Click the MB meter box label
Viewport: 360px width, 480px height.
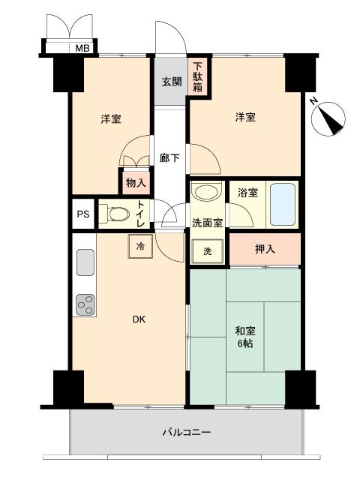tap(82, 48)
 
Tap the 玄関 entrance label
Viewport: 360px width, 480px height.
tap(172, 82)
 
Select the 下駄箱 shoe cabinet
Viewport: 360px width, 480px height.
tap(197, 76)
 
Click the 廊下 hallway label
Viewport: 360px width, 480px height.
tap(169, 158)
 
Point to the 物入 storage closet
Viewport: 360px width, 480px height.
tap(136, 183)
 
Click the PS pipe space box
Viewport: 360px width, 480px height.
tap(83, 214)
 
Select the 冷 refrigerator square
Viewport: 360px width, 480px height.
tap(140, 247)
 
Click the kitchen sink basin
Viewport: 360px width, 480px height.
tap(85, 262)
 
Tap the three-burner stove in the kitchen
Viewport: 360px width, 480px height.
tap(85, 304)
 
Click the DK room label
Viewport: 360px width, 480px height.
tap(139, 319)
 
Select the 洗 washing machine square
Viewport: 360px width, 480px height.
tap(207, 251)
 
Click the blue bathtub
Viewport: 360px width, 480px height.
tap(283, 205)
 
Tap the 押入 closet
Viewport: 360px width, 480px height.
tap(265, 249)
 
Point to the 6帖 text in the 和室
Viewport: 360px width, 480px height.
tap(245, 343)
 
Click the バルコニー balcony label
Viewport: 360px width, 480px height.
tap(187, 432)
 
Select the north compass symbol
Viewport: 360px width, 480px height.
tap(328, 118)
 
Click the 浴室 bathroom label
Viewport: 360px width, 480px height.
tap(247, 193)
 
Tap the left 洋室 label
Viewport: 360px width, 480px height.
tap(111, 118)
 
